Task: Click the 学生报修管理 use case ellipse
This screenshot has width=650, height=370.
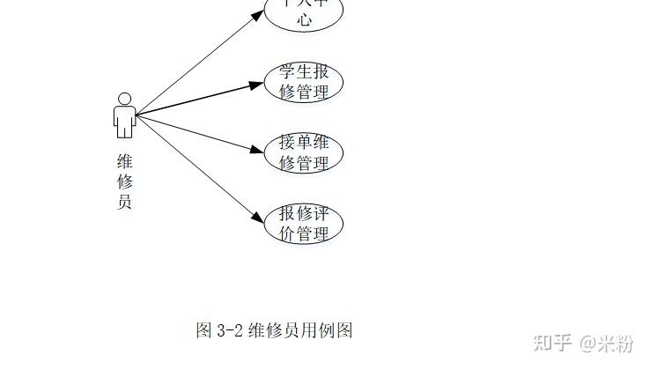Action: point(304,82)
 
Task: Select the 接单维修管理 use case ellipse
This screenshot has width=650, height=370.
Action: point(304,153)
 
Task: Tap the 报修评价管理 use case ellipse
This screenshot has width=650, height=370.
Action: point(304,224)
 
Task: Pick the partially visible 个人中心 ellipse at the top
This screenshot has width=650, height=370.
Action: point(304,13)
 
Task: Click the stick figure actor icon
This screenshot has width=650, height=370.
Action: point(124,115)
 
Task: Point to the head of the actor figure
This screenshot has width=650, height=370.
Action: point(124,98)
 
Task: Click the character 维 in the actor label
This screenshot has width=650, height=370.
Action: point(124,161)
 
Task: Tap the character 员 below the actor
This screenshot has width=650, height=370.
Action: point(124,202)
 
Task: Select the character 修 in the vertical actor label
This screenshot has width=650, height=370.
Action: point(124,181)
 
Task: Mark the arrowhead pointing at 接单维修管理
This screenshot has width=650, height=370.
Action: point(256,149)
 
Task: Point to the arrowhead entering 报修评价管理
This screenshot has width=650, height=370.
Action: point(256,217)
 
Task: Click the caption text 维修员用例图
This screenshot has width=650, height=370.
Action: point(300,331)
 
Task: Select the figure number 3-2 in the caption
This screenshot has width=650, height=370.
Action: point(229,331)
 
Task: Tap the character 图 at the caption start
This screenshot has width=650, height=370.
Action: point(203,331)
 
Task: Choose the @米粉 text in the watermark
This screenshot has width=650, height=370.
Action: point(606,342)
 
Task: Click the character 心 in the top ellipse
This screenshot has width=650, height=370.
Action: point(304,20)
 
